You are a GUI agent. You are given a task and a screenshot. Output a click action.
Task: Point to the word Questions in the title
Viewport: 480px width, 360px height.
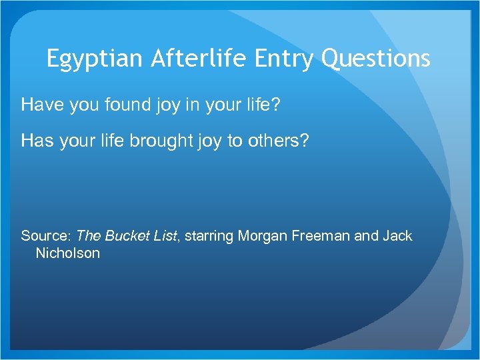point(376,59)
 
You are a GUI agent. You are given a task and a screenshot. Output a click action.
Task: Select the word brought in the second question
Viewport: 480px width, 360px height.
point(147,141)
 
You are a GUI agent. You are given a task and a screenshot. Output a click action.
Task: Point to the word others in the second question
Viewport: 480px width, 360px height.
point(271,141)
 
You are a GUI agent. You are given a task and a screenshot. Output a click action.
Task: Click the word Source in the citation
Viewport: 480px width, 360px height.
point(45,236)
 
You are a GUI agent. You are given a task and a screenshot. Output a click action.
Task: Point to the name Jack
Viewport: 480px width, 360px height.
point(397,236)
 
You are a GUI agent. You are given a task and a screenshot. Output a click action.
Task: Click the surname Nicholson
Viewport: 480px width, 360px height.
point(68,253)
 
